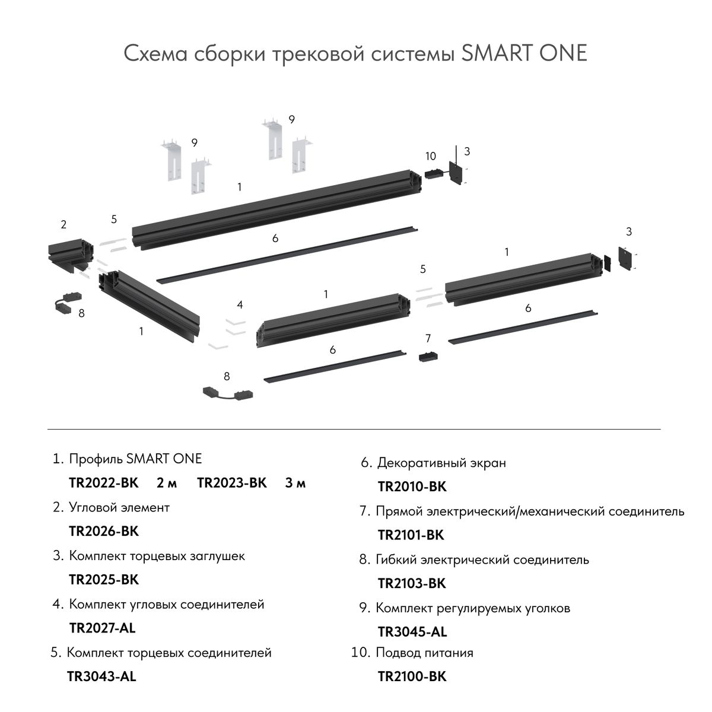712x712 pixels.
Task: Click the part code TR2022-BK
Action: [x=104, y=483]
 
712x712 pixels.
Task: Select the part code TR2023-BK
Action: [x=232, y=483]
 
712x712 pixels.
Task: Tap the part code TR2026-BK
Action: [x=104, y=531]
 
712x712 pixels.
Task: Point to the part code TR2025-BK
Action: [x=104, y=579]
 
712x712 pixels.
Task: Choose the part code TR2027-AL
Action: [x=103, y=628]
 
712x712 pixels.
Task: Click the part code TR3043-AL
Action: [x=101, y=676]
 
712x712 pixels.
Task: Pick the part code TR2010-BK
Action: [x=412, y=487]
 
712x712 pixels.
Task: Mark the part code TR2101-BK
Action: [x=411, y=535]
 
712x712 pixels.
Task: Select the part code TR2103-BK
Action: [x=411, y=584]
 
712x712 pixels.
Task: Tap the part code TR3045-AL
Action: [x=412, y=632]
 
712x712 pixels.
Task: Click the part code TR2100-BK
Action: [x=412, y=676]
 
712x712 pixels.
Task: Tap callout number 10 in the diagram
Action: [x=431, y=156]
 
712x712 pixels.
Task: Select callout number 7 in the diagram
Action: [x=428, y=339]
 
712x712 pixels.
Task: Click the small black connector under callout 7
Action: [x=427, y=357]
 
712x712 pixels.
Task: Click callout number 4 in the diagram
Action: [x=240, y=305]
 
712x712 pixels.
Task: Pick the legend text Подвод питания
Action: [x=424, y=653]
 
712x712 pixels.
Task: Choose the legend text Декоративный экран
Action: [x=442, y=463]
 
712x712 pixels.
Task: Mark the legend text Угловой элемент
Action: [x=119, y=507]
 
